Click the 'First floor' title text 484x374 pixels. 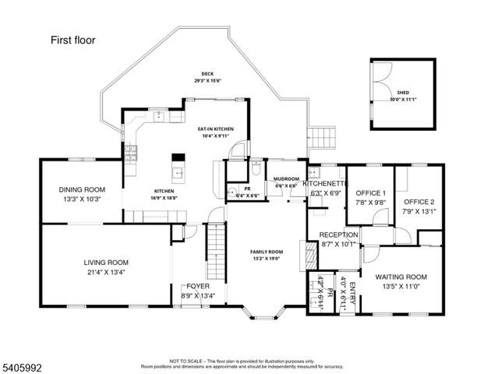pos(73,40)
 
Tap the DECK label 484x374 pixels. pos(207,74)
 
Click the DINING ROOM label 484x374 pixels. pos(81,189)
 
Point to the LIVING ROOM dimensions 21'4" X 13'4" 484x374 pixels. pos(106,273)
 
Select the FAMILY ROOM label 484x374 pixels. pos(267,252)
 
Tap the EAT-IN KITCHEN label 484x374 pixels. pos(215,129)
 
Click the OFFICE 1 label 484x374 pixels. pos(370,192)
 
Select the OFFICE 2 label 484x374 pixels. pos(418,201)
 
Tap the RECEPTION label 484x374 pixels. pos(339,235)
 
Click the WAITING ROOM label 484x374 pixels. pos(401,277)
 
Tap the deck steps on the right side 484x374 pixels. pos(321,141)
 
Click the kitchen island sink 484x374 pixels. pos(178,173)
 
